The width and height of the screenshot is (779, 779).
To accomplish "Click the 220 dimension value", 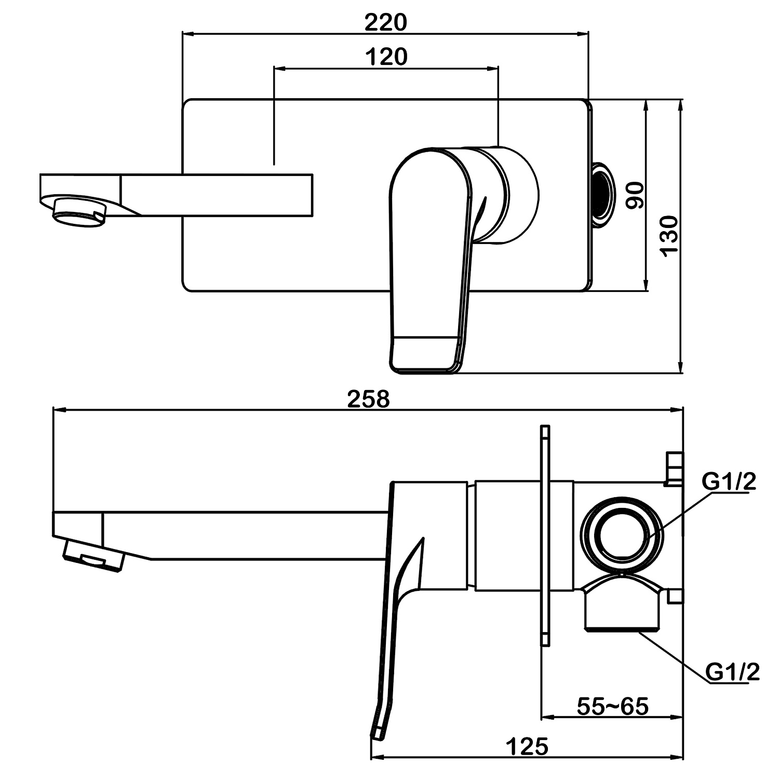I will pos(385,22).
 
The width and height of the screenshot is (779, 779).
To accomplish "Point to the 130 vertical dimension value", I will pos(669,235).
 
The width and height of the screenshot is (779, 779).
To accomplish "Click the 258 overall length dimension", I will pos(368,399).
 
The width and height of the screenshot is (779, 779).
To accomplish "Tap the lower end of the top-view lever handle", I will pos(423,354).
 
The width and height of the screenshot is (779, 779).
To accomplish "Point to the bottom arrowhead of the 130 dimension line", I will pos(681,369).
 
